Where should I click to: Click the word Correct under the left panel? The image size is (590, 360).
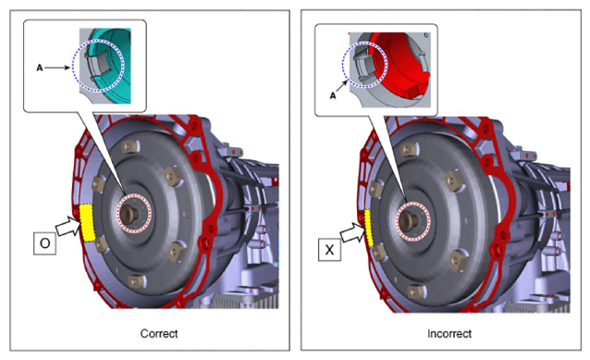pyautogui.click(x=159, y=334)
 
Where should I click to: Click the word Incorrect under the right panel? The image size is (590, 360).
pyautogui.click(x=449, y=334)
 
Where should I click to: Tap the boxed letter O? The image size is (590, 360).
pyautogui.click(x=44, y=243)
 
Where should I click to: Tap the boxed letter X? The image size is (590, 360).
pyautogui.click(x=329, y=249)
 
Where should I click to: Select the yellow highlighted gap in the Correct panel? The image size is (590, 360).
pyautogui.click(x=87, y=222)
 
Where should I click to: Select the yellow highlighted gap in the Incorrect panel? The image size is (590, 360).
pyautogui.click(x=368, y=229)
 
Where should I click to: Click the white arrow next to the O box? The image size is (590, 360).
pyautogui.click(x=68, y=226)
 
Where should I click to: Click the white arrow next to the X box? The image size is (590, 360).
pyautogui.click(x=352, y=232)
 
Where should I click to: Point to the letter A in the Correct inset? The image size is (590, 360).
pyautogui.click(x=40, y=68)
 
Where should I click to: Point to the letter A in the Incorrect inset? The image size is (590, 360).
pyautogui.click(x=333, y=96)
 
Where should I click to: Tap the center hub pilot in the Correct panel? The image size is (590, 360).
pyautogui.click(x=130, y=214)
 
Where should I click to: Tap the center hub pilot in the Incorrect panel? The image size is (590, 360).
pyautogui.click(x=410, y=220)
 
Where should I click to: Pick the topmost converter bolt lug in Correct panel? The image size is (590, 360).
pyautogui.click(x=129, y=146)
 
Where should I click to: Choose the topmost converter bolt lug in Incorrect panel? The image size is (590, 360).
pyautogui.click(x=410, y=150)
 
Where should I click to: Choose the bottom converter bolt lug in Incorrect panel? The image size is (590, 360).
pyautogui.click(x=416, y=292)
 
